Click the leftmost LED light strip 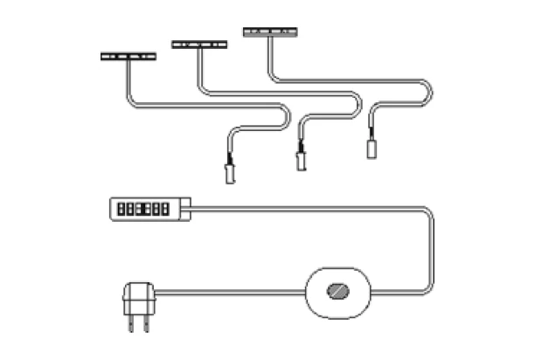click(129, 57)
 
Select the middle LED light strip click(199, 44)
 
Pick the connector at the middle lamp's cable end click(301, 159)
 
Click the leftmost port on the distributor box click(120, 210)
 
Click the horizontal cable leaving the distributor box click(306, 209)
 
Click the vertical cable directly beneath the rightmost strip click(268, 56)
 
